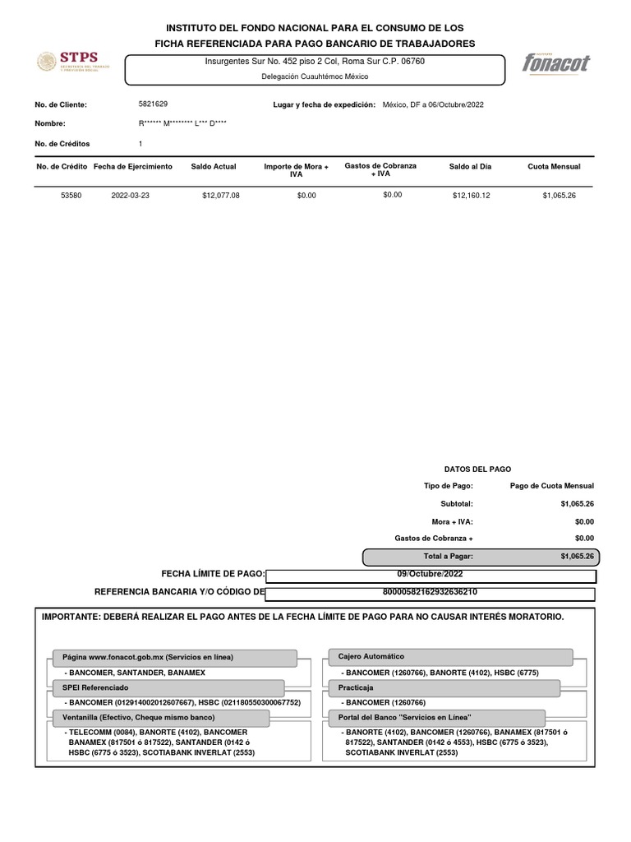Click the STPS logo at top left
click(x=67, y=62)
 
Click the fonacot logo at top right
click(x=556, y=63)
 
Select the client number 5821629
click(x=153, y=104)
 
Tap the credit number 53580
click(x=72, y=196)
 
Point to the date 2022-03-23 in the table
click(x=131, y=196)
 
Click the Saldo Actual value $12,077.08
click(x=220, y=196)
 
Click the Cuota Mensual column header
click(x=554, y=167)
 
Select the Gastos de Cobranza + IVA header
click(x=380, y=169)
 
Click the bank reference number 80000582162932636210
click(x=431, y=592)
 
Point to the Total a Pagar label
click(x=449, y=557)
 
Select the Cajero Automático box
click(x=449, y=657)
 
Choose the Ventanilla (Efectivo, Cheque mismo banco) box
click(x=161, y=718)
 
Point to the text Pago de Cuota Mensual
click(x=551, y=486)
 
